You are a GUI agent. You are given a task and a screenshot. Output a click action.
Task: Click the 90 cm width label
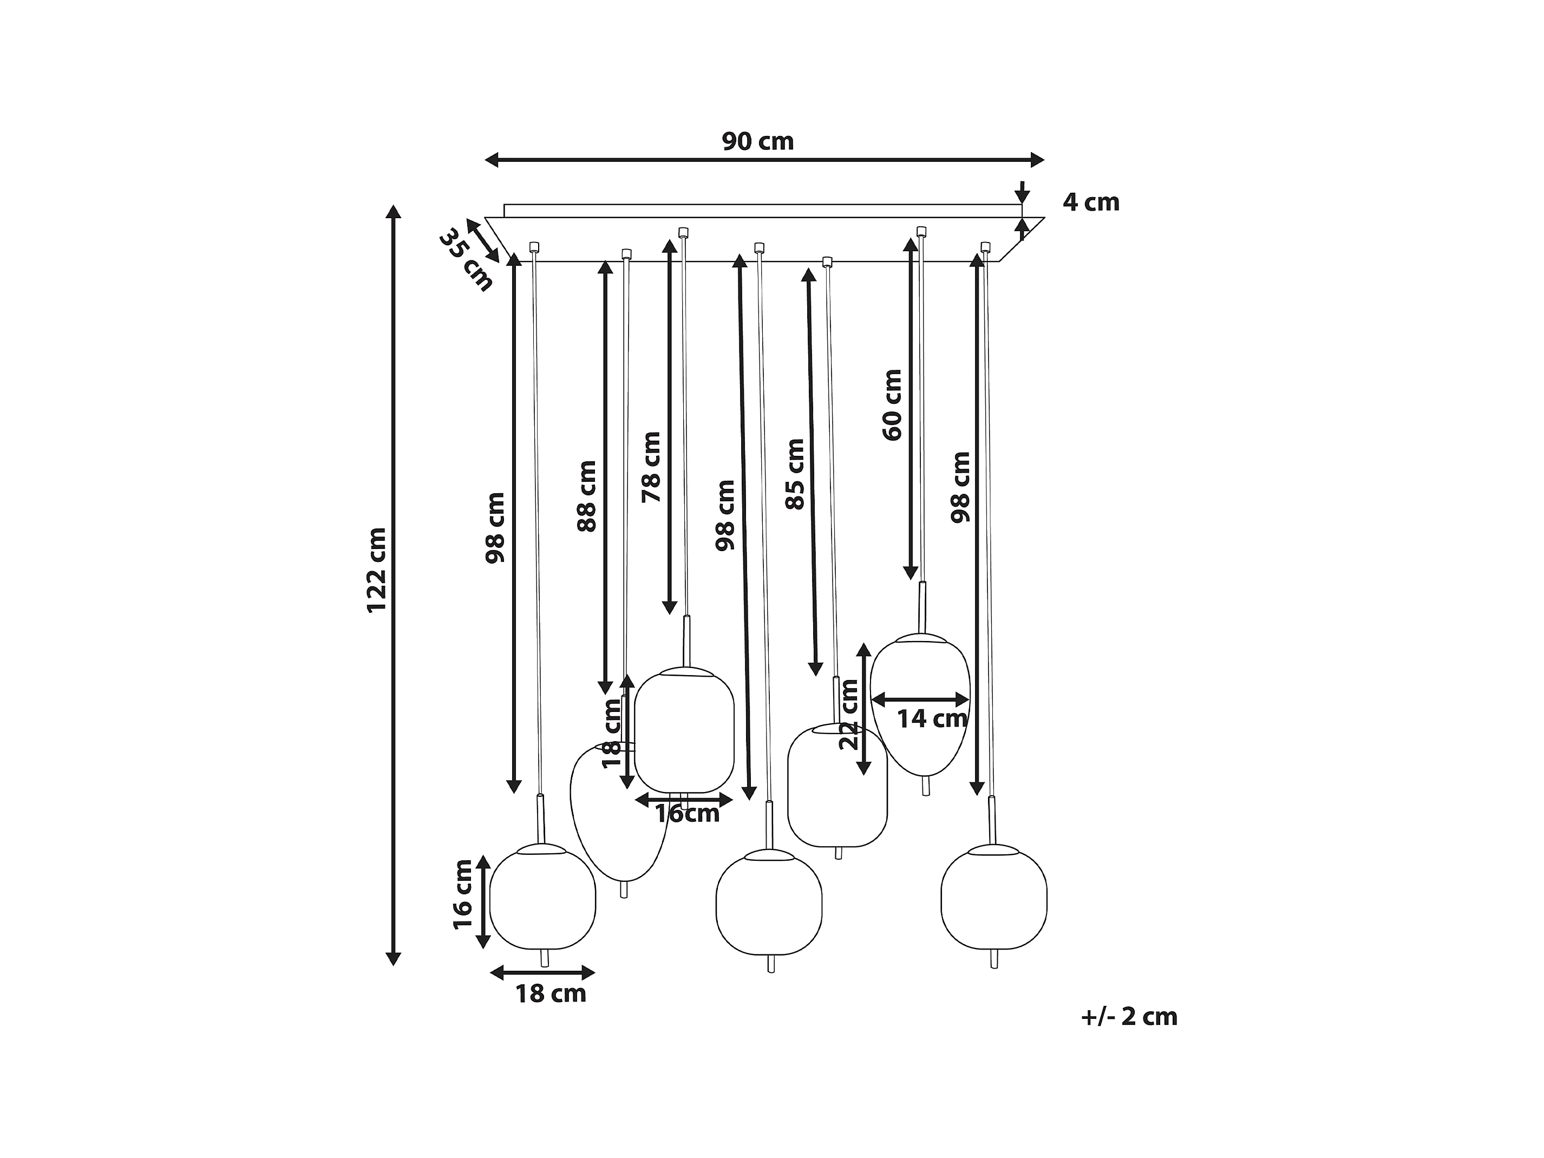pyautogui.click(x=757, y=142)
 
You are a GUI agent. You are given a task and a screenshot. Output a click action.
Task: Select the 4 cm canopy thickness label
pyautogui.click(x=1090, y=202)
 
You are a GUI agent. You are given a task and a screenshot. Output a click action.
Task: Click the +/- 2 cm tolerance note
pyautogui.click(x=1129, y=1017)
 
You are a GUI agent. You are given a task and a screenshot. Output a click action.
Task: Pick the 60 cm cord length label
pyautogui.click(x=893, y=405)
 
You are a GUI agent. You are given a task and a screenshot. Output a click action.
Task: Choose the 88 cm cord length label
pyautogui.click(x=588, y=496)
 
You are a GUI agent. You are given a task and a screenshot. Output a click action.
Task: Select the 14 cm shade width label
pyautogui.click(x=932, y=718)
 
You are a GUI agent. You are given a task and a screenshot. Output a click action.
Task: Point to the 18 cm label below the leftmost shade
pyautogui.click(x=551, y=994)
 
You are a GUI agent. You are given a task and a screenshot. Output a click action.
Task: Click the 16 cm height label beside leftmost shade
pyautogui.click(x=463, y=894)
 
